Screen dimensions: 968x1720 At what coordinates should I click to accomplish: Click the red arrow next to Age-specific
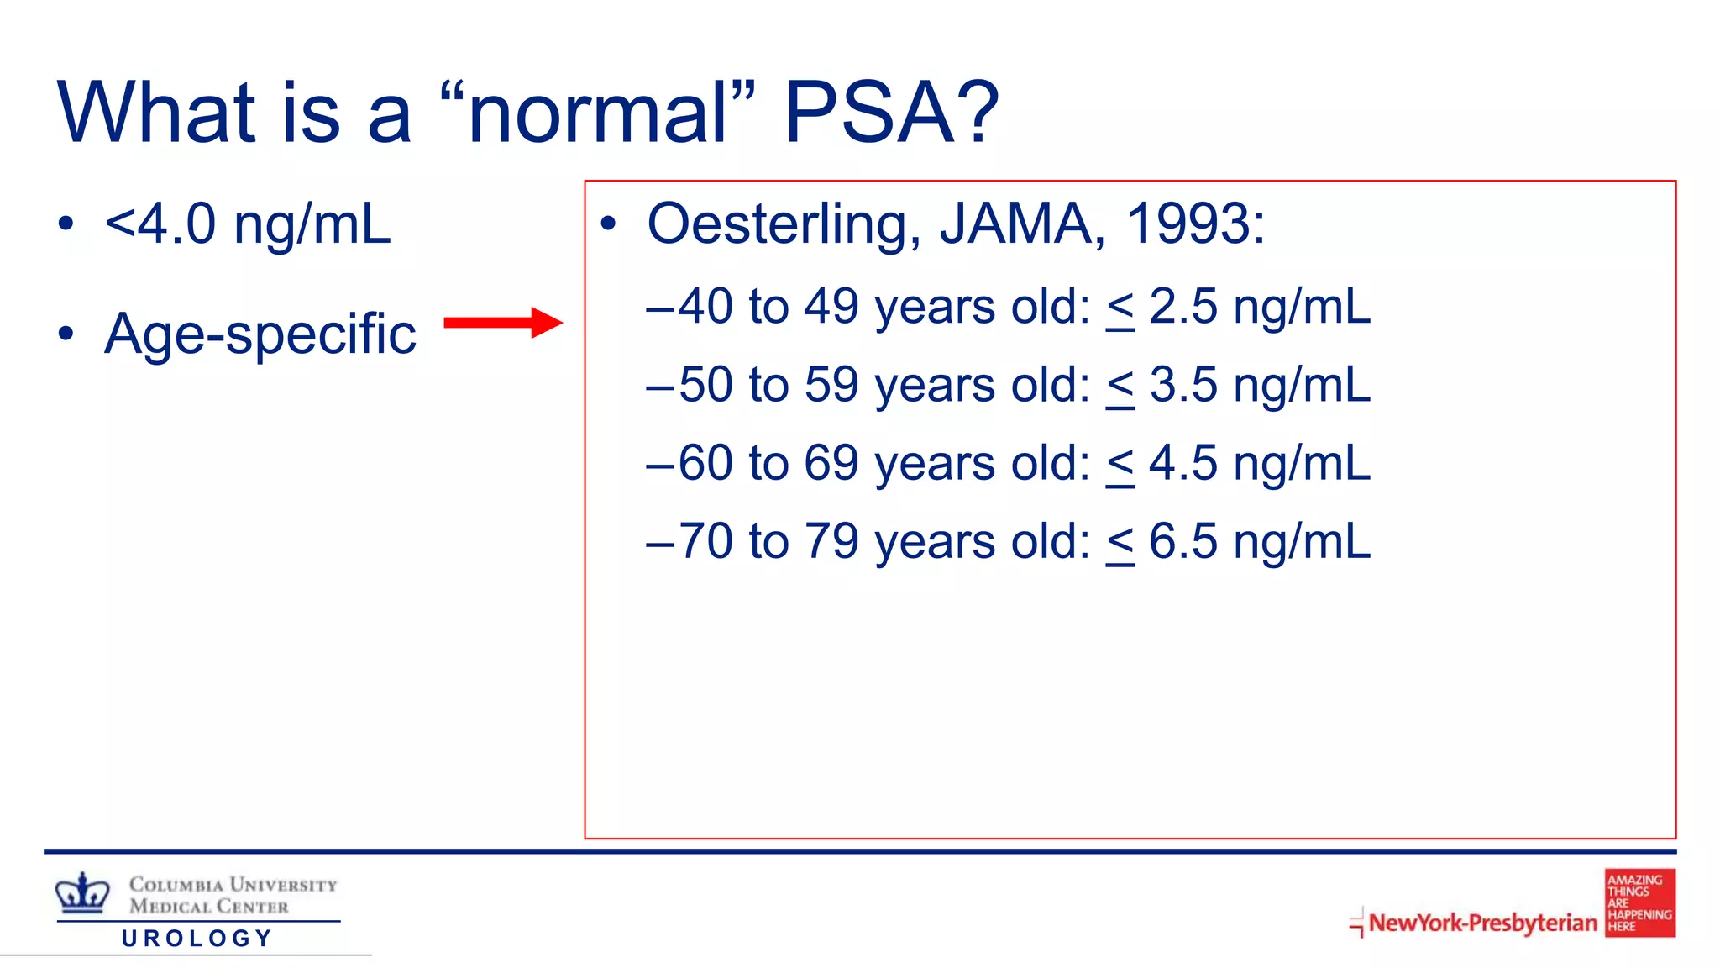click(502, 323)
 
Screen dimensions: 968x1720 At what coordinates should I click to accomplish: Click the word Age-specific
click(260, 334)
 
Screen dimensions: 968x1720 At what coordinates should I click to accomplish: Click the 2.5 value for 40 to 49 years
click(1182, 306)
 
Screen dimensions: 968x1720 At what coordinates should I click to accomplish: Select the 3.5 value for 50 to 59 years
click(1182, 385)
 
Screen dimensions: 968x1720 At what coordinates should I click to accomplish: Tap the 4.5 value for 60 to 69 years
click(1182, 463)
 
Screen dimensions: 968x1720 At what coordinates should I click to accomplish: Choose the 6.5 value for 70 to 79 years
click(1182, 541)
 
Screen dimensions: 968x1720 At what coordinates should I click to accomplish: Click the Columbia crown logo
click(82, 893)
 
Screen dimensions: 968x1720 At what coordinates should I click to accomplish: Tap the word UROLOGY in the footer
click(197, 938)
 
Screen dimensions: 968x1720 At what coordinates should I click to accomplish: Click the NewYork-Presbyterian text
click(1482, 923)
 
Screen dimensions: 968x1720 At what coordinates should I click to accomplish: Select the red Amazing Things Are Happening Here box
click(1639, 902)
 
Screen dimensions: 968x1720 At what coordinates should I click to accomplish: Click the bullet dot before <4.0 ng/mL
click(66, 224)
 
